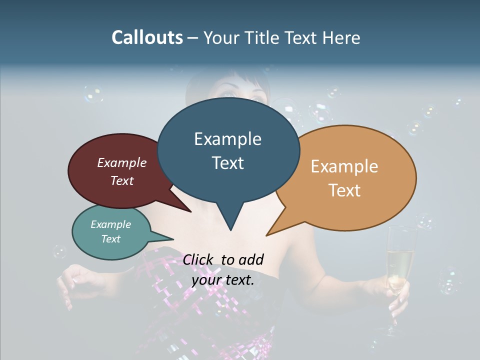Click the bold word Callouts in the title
click(x=147, y=37)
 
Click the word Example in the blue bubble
click(x=227, y=139)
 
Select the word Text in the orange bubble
click(x=344, y=190)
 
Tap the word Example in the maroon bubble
click(x=121, y=163)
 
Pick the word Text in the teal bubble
click(x=111, y=239)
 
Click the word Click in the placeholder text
click(x=198, y=259)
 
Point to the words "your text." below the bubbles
click(x=223, y=280)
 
